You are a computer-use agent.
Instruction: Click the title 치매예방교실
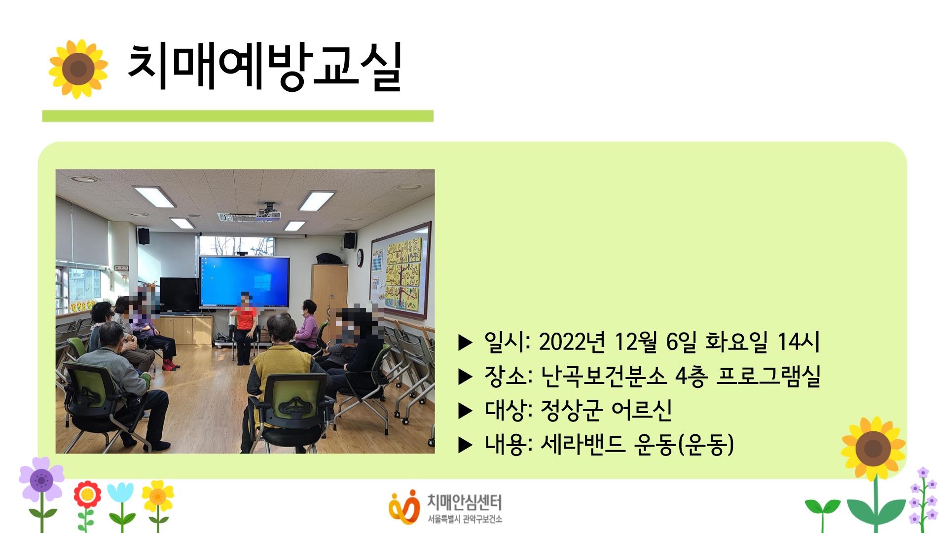coord(265,68)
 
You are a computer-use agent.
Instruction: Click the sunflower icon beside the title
coord(78,69)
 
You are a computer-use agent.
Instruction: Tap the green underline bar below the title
coord(237,116)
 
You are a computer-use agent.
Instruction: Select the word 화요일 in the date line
coord(736,342)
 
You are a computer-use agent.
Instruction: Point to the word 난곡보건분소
coord(603,376)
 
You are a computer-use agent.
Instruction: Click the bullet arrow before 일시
coord(465,342)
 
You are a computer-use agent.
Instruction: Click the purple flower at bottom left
coord(41,479)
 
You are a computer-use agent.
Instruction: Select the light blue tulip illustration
coord(120,494)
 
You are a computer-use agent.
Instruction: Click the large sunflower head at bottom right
coord(873,448)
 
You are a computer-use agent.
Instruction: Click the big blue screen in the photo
coord(245,281)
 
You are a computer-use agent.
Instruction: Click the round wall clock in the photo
coord(360,256)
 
